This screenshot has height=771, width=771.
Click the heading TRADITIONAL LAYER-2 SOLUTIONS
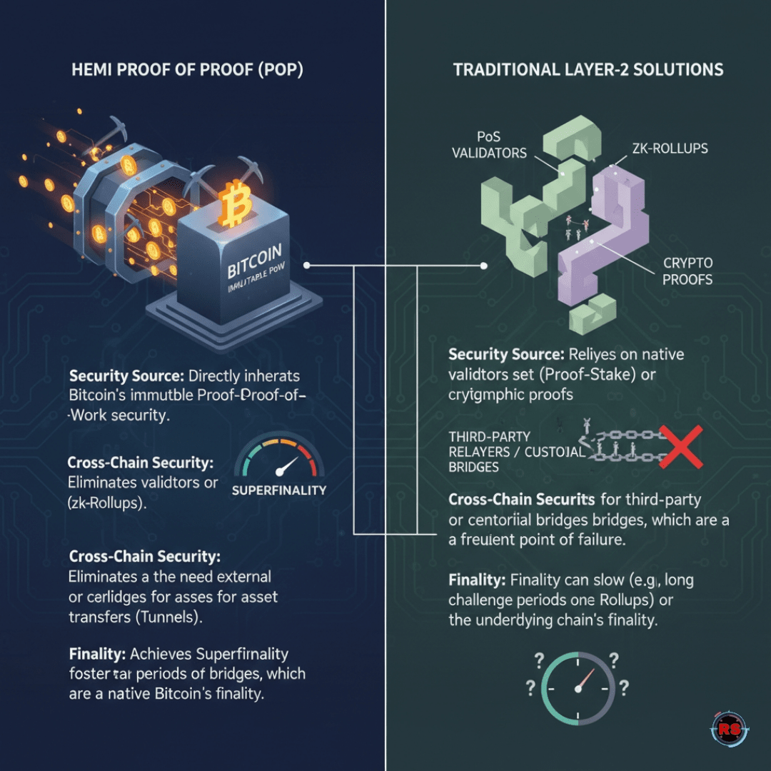[588, 70]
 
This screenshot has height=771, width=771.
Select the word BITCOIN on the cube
[254, 262]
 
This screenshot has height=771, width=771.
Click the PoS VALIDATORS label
[489, 144]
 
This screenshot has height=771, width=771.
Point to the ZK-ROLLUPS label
[670, 148]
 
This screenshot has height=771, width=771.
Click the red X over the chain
[680, 446]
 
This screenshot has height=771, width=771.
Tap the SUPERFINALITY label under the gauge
[279, 490]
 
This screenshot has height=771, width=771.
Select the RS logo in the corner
[728, 729]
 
